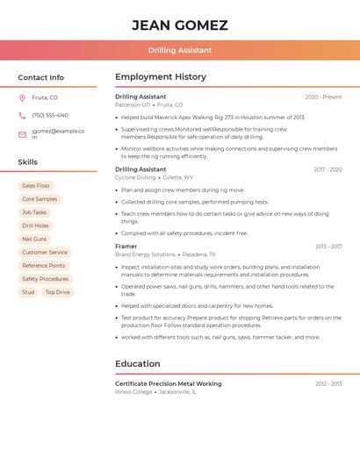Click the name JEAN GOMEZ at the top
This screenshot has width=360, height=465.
point(180,25)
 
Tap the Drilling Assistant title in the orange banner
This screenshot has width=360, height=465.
point(180,51)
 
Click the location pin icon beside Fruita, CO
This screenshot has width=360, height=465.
point(22,97)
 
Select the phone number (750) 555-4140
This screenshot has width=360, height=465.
point(50,115)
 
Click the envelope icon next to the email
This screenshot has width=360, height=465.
point(22,134)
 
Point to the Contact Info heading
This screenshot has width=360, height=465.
point(41,77)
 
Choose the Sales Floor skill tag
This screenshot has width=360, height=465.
point(36,186)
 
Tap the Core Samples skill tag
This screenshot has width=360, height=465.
point(40,199)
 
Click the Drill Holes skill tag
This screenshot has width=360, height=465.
point(35,225)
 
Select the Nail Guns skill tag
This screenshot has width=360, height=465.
point(34,239)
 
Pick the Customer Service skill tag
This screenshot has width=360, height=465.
point(45,253)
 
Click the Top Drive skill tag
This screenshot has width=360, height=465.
point(58,292)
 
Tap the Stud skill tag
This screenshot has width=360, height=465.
point(28,292)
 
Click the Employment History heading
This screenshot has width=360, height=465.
point(161,77)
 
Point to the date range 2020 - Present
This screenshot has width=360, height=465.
point(323,97)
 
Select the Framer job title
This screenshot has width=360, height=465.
point(126,247)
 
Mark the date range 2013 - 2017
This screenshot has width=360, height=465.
point(328,247)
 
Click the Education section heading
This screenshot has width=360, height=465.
point(138,363)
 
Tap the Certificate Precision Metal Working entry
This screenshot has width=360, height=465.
point(168,383)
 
